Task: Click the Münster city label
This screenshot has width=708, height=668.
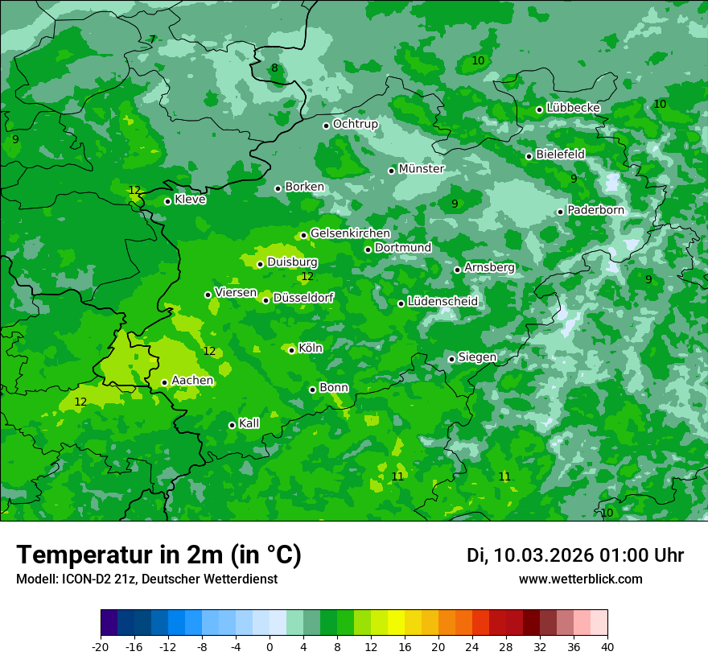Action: (422, 169)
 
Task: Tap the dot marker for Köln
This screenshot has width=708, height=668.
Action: (291, 350)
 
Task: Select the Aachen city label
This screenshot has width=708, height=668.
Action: (192, 381)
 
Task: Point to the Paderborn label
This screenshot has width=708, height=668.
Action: (595, 210)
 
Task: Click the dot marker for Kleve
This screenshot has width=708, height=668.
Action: (167, 201)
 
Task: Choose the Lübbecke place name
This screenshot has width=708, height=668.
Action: (573, 108)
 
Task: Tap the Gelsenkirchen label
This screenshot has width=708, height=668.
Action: (350, 233)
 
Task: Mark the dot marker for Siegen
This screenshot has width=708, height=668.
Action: (451, 359)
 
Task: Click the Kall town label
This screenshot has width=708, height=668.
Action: (249, 423)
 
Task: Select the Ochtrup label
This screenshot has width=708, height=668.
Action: (355, 124)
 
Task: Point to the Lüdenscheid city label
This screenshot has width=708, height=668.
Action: (442, 302)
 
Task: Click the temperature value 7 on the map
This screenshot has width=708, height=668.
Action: (151, 39)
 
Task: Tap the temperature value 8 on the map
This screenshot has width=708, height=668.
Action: (274, 68)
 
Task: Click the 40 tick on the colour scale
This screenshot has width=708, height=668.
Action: (607, 646)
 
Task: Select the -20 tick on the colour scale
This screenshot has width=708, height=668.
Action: (101, 646)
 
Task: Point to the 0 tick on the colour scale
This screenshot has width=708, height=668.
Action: (270, 646)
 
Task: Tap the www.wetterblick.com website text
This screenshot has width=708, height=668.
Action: (580, 579)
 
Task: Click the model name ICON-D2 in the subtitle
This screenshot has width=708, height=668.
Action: (81, 579)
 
